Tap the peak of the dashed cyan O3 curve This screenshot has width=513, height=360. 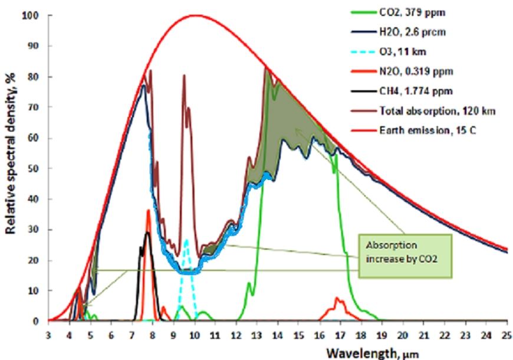186,240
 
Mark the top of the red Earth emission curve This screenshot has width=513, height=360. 195,15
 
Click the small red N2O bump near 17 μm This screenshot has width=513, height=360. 338,299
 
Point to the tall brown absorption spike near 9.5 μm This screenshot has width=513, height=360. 184,76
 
